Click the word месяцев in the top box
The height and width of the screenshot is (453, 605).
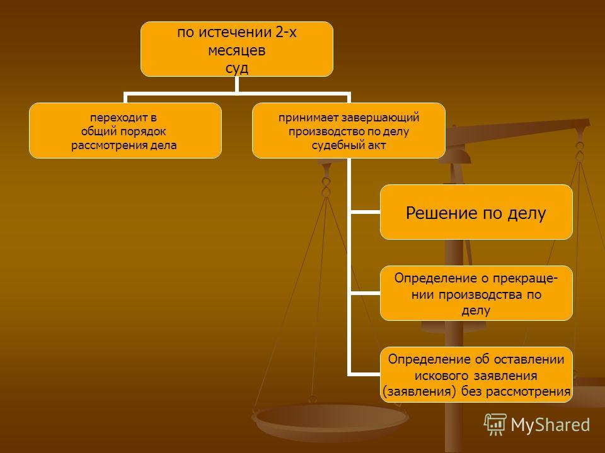pyautogui.click(x=236, y=51)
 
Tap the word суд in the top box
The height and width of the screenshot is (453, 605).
pyautogui.click(x=236, y=69)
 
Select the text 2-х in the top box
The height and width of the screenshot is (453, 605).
pyautogui.click(x=286, y=32)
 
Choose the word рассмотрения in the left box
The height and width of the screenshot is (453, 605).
pyautogui.click(x=101, y=145)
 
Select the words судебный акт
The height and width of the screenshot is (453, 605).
pyautogui.click(x=349, y=145)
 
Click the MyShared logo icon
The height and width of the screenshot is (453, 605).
pyautogui.click(x=495, y=424)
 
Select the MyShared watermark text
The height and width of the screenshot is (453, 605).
pyautogui.click(x=550, y=425)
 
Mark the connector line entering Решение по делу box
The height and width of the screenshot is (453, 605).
pyautogui.click(x=365, y=212)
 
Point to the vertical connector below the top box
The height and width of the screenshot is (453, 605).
pyautogui.click(x=236, y=84)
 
